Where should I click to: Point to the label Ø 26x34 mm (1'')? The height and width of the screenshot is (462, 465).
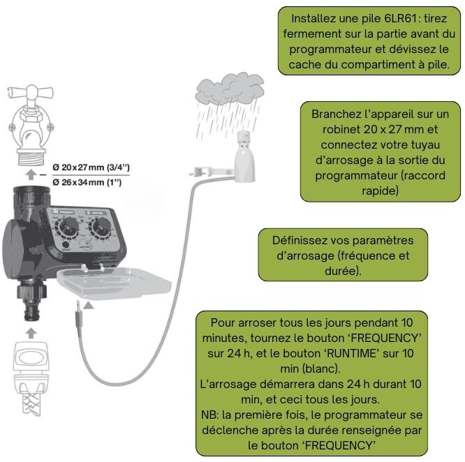coord(89,182)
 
